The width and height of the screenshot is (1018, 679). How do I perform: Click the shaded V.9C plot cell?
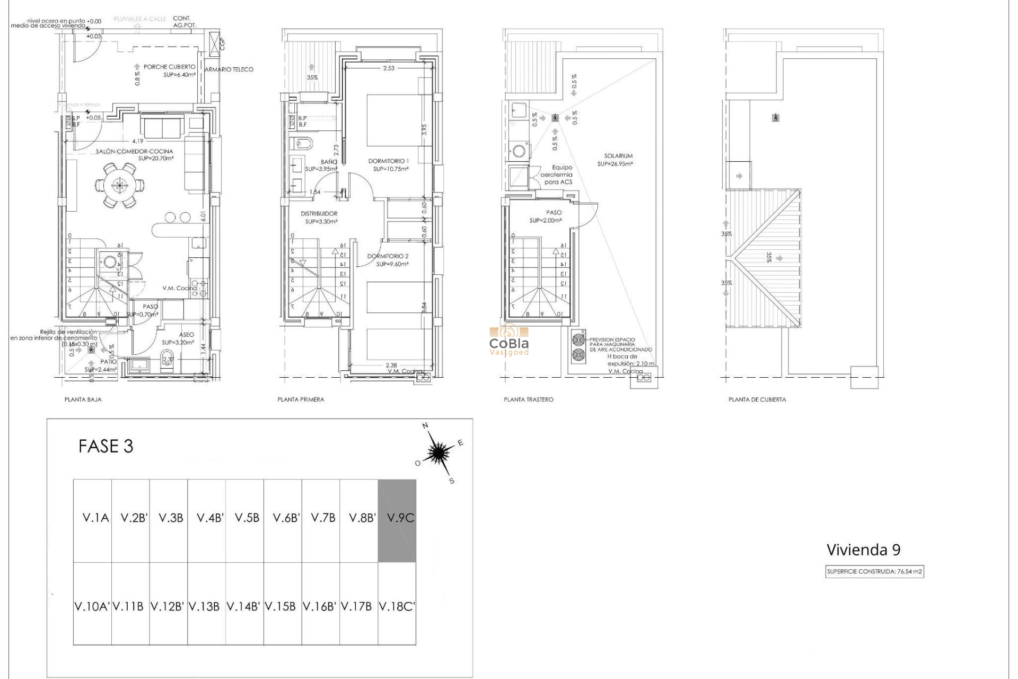coord(397,521)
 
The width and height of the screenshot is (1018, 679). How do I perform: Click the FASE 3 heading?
coord(106,446)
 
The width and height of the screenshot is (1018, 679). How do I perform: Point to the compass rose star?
coord(438,452)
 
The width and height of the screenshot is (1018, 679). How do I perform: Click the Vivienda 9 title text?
coord(863,550)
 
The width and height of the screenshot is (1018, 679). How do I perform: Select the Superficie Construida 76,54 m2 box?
coord(874,572)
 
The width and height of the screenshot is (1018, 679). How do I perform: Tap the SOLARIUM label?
coord(618,156)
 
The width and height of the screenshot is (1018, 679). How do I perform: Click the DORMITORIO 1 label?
coord(389,161)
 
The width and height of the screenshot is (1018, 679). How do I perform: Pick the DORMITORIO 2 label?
coord(388,256)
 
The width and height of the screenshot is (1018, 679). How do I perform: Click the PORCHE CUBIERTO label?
coord(169,67)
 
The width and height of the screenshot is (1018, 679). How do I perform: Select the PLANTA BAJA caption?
coord(83,399)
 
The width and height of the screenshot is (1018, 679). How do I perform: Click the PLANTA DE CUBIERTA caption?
coord(757,399)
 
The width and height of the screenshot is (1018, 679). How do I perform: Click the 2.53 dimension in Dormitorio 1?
coord(389,68)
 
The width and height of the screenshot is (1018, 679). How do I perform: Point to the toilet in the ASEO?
coord(166,356)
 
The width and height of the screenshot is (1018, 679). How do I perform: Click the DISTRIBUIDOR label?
coord(319,214)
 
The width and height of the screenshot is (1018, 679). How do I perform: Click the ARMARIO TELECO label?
coord(229,69)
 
